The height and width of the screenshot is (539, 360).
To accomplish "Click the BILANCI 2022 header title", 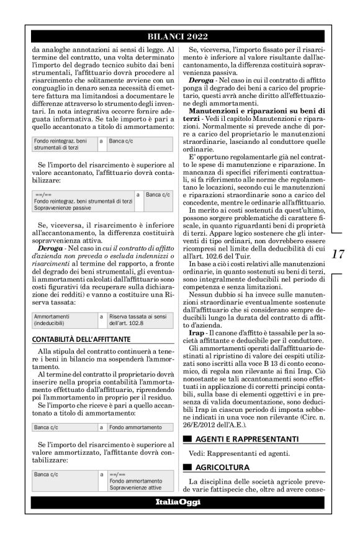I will coord(179,36).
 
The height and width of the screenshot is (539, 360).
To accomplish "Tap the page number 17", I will coord(338,254).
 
